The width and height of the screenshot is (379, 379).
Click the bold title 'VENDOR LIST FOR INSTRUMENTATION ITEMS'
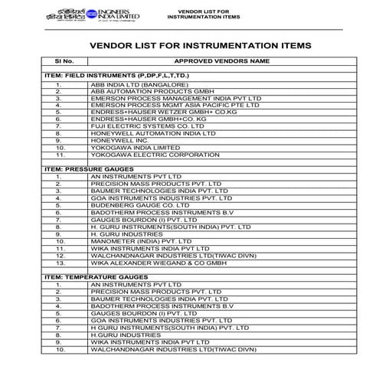(x=201, y=45)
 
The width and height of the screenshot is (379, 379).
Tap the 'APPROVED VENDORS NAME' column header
(x=222, y=60)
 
